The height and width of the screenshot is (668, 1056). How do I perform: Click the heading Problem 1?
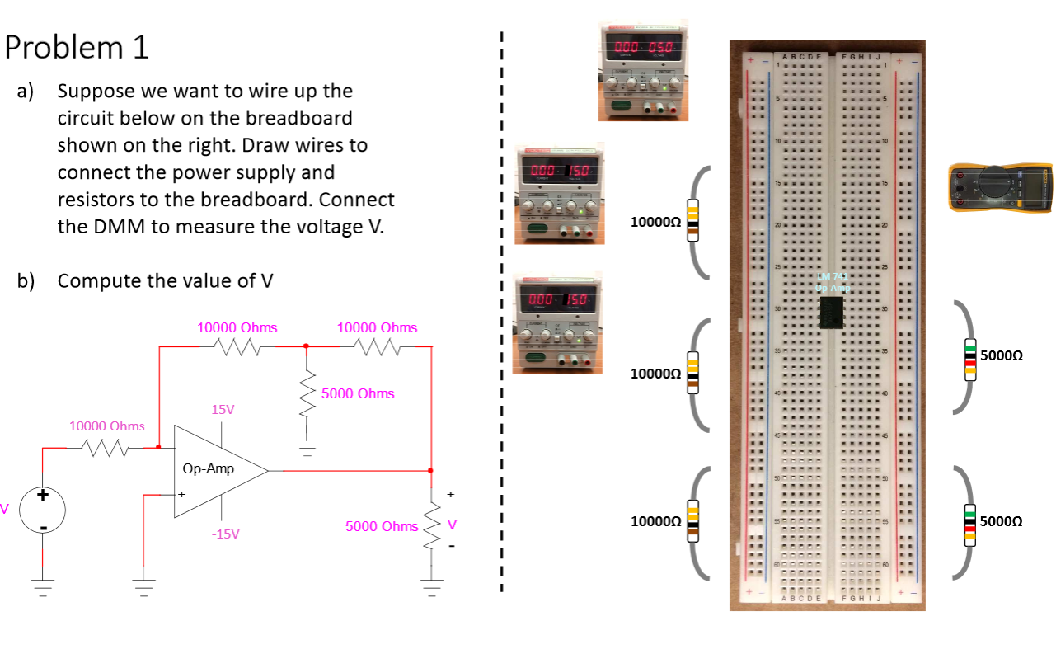(77, 48)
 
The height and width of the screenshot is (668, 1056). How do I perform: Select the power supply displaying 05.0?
(640, 70)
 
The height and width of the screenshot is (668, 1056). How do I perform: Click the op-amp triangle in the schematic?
(216, 471)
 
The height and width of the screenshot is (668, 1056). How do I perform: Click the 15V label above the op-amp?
(223, 410)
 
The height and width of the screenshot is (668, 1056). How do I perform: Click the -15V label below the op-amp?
(225, 534)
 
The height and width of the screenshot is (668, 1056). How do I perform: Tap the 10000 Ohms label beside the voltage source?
(106, 426)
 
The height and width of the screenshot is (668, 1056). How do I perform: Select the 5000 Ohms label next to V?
(382, 526)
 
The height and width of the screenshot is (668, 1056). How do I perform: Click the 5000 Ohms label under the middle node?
(358, 393)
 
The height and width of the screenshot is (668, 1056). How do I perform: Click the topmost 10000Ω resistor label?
(655, 222)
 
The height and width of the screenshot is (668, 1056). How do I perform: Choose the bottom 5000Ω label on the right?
(1002, 521)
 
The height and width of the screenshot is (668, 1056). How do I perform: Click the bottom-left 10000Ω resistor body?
(692, 521)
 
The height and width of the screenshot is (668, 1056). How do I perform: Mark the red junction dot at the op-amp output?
(431, 471)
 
